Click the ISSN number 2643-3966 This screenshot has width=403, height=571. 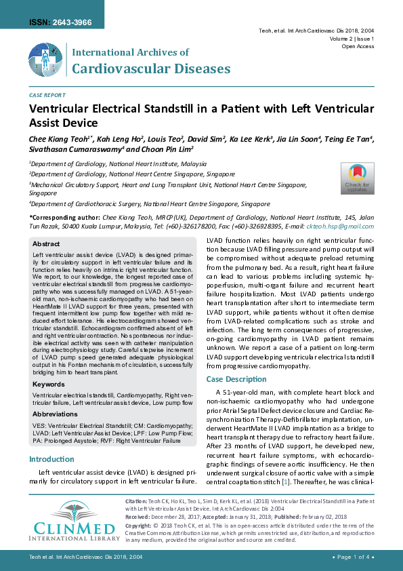(x=60, y=22)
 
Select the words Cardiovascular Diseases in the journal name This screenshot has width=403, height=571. (x=150, y=68)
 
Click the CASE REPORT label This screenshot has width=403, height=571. (x=47, y=96)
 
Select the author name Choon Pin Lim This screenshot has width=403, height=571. (x=167, y=149)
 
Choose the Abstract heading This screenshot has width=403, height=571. (x=46, y=243)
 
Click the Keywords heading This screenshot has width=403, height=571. (x=49, y=384)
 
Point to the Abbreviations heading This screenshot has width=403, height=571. (x=55, y=413)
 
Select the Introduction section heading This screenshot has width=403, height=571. (x=51, y=459)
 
